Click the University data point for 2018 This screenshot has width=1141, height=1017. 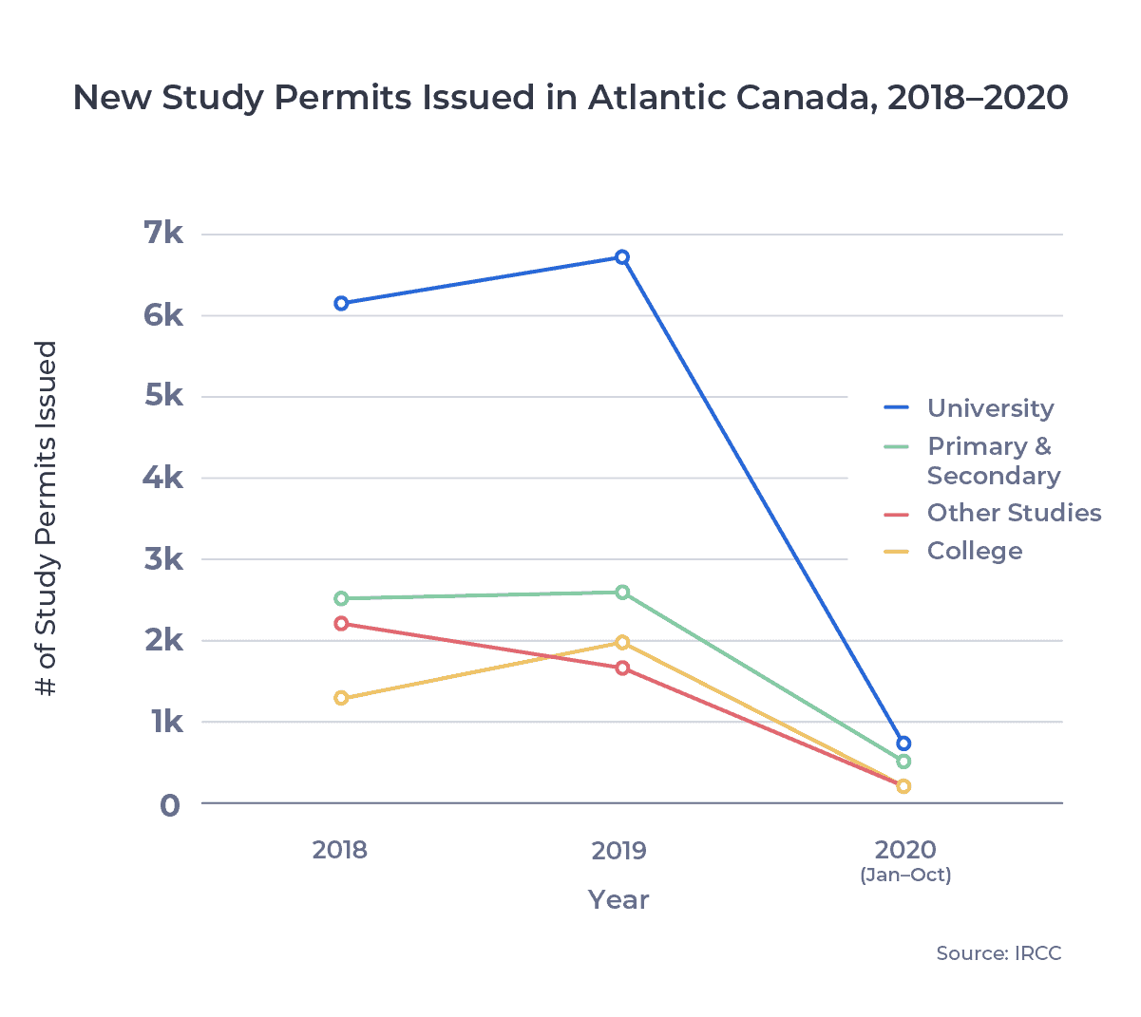click(341, 304)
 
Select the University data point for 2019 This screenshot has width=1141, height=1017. click(622, 257)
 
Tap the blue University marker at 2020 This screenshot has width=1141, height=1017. click(903, 744)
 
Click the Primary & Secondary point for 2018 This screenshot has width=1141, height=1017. click(341, 599)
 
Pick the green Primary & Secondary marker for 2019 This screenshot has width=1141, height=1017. click(622, 593)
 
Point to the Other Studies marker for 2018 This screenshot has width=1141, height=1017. click(341, 624)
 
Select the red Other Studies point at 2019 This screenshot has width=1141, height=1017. click(622, 669)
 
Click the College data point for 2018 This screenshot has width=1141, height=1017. click(341, 699)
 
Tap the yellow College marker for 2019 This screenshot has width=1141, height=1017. click(622, 643)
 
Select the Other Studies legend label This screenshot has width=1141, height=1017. click(1014, 513)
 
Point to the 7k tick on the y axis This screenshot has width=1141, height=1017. click(163, 233)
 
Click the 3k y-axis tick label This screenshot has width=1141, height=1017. click(163, 559)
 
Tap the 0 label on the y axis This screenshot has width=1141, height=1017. click(169, 805)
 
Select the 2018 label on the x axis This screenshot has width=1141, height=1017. click(339, 850)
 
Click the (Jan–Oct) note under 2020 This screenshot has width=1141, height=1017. click(905, 876)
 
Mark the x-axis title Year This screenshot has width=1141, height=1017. click(618, 900)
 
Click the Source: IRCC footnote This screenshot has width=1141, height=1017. click(998, 953)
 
